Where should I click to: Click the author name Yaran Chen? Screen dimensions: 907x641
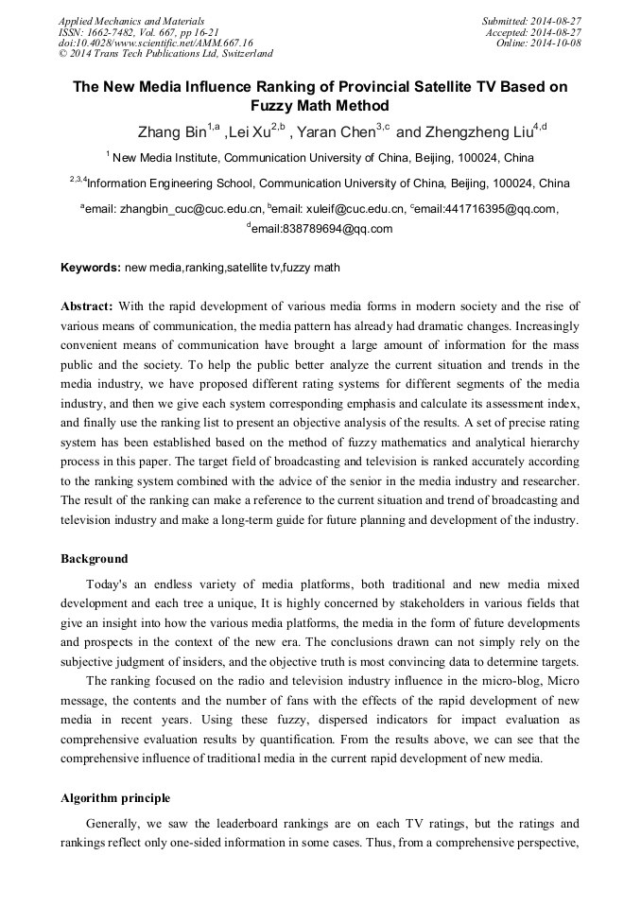tap(338, 132)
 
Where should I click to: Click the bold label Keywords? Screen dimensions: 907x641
tap(91, 268)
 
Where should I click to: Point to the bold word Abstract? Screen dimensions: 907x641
tap(87, 306)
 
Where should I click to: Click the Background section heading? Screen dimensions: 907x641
tap(95, 558)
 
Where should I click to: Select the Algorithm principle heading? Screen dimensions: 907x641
tap(115, 798)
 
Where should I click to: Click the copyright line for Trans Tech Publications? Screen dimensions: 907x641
tap(165, 55)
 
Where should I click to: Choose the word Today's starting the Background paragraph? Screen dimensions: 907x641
tap(109, 584)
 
